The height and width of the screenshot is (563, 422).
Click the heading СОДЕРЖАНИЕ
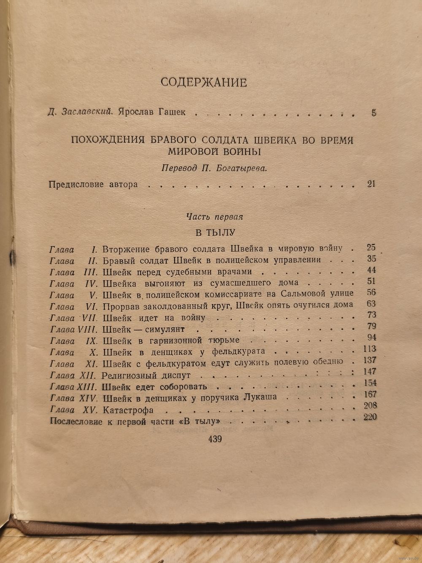tap(203, 82)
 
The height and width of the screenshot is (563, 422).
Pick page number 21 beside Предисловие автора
tap(371, 184)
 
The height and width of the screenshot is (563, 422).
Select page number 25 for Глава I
tap(371, 248)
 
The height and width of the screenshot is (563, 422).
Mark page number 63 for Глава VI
tap(371, 304)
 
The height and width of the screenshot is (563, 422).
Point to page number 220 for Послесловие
tap(369, 417)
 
